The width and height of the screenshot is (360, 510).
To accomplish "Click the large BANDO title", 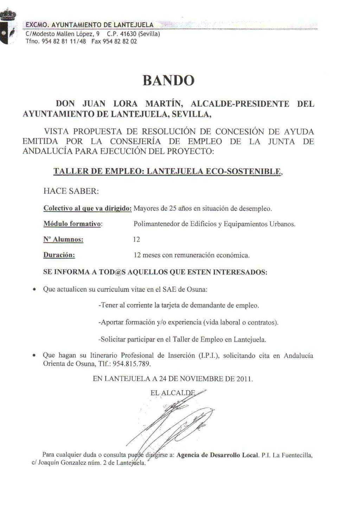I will coord(168,80).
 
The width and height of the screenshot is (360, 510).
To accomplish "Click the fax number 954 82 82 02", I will coord(120,41).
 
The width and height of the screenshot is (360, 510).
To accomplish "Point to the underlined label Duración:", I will coord(59,255).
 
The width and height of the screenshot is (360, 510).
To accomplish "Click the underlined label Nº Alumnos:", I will coord(63,240).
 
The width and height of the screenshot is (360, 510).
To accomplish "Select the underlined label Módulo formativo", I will coord(72,224).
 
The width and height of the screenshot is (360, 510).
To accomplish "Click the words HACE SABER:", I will coord(71,191).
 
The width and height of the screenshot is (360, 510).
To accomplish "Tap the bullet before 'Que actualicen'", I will coord(34,290).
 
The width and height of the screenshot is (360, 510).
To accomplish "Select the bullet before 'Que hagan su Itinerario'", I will coord(34,356).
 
